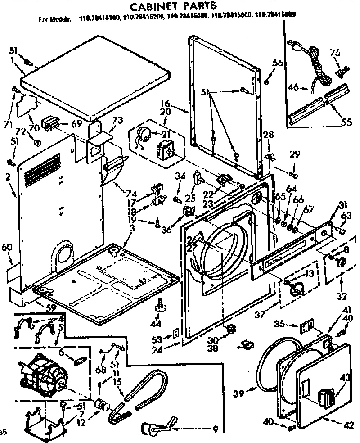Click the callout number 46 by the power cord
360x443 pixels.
293,87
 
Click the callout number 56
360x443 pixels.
278,63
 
